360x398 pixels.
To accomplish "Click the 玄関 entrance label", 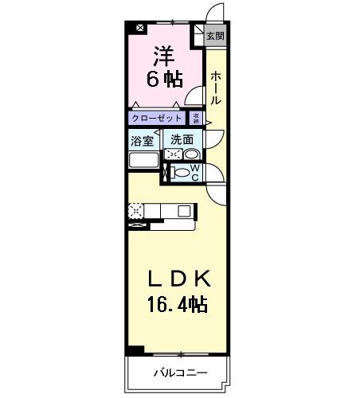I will [215, 36].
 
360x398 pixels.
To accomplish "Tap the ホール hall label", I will [216, 88].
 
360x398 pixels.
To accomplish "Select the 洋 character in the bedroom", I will [164, 56].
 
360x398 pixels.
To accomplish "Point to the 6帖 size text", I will [164, 80].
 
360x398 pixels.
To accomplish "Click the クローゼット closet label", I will [158, 119].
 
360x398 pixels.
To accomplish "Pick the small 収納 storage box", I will [196, 119].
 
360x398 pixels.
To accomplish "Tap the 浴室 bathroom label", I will [143, 140].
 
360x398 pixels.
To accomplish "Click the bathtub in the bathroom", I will [144, 160].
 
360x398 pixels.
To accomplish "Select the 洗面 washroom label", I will [182, 140].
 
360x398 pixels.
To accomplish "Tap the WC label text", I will [194, 173].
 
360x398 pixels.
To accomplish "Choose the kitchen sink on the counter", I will [184, 211].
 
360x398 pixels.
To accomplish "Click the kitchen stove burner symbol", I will [136, 211].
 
